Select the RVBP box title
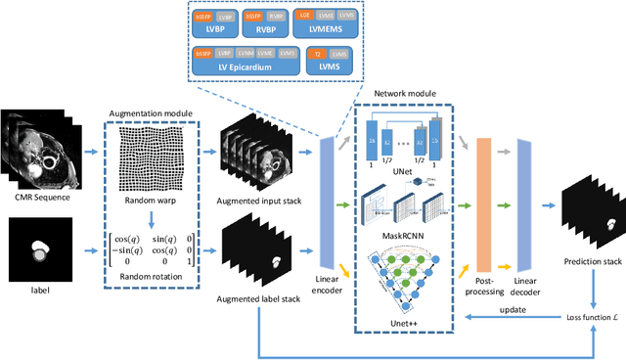(x=294, y=30)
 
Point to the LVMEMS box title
(x=363, y=30)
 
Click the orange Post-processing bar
(x=489, y=206)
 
